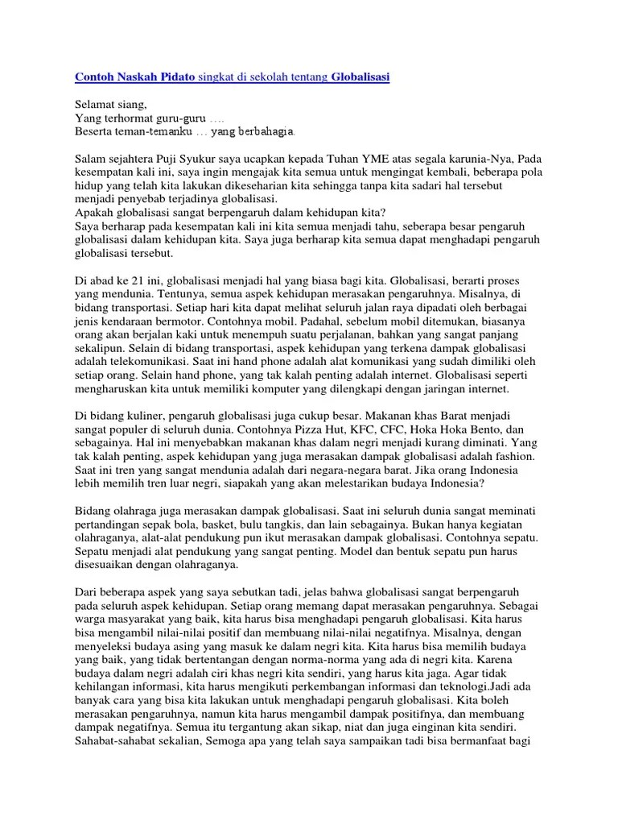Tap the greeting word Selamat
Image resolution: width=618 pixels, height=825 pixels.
pyautogui.click(x=96, y=104)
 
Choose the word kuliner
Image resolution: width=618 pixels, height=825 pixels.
pyautogui.click(x=153, y=418)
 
